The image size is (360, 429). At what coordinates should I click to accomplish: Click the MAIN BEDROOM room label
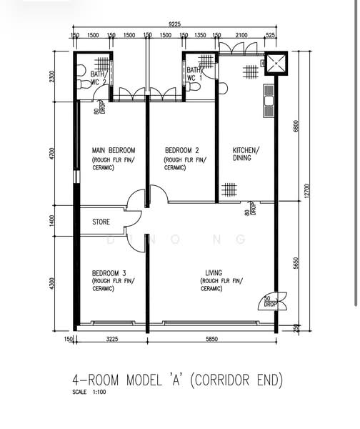[113, 150]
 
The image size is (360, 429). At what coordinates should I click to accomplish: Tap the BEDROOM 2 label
[181, 150]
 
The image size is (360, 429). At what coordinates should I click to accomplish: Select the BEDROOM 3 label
[109, 273]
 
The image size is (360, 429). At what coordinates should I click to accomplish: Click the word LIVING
[214, 273]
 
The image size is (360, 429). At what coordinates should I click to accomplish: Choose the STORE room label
[101, 222]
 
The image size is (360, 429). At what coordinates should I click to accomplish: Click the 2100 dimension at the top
[241, 35]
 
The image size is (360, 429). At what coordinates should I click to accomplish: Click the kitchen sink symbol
[269, 101]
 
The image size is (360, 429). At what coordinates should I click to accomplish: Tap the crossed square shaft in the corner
[276, 62]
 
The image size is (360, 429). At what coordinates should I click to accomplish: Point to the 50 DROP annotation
[270, 302]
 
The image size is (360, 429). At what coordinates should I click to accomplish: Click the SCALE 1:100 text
[89, 392]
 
